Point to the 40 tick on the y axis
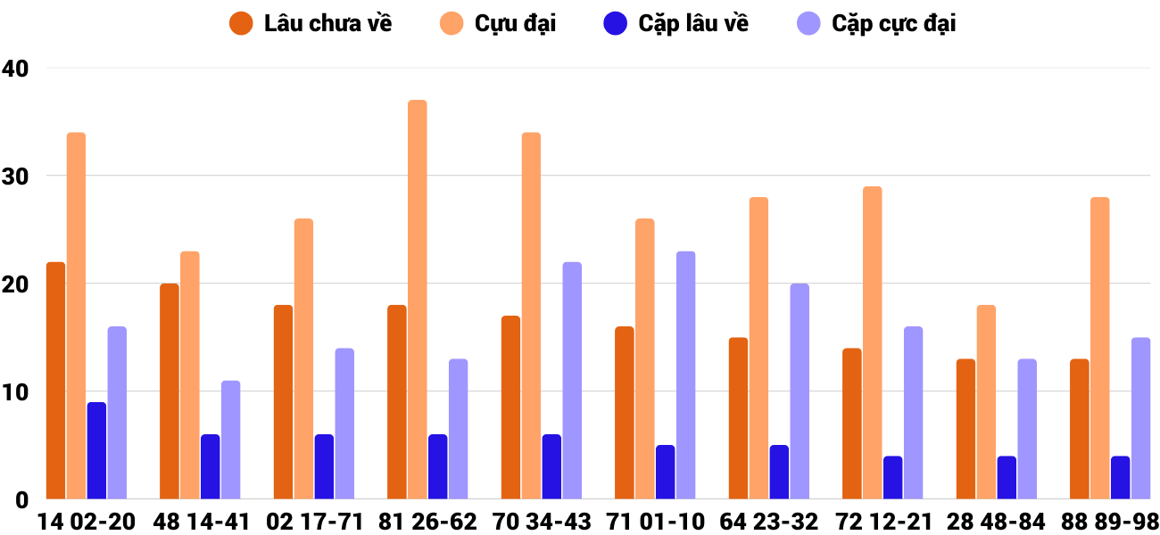[16, 69]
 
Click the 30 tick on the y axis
[16, 177]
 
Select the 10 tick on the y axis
[16, 392]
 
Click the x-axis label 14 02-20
[86, 522]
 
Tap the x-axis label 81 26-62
[427, 522]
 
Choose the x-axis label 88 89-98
[1110, 522]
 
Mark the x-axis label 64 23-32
[769, 522]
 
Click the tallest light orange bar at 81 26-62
[418, 300]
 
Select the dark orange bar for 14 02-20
[55, 381]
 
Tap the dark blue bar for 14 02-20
[96, 450]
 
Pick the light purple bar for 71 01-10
[685, 375]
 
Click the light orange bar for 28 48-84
[986, 402]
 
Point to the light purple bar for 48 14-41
[230, 440]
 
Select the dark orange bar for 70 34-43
[510, 407]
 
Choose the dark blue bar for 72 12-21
[892, 478]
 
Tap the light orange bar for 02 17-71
[303, 359]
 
